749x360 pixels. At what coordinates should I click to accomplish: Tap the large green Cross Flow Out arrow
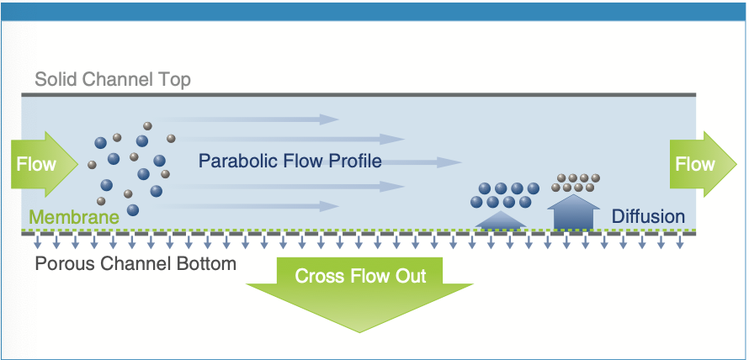(360, 290)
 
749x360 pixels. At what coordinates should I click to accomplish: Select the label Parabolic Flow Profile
(290, 161)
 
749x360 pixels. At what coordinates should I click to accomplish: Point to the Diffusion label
(648, 216)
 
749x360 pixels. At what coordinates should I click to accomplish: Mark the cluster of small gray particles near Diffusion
(576, 183)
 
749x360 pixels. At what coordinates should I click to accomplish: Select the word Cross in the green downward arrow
(316, 276)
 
